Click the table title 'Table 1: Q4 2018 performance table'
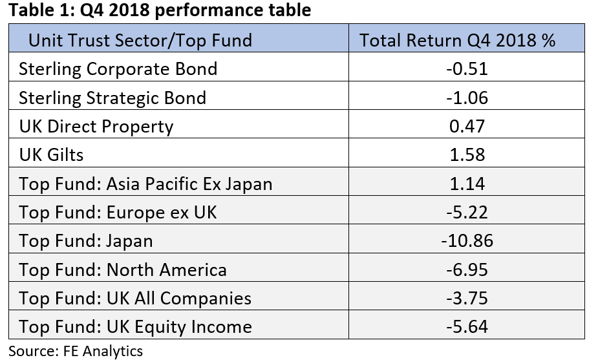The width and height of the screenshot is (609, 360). (x=160, y=10)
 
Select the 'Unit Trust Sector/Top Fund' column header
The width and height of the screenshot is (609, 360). (x=140, y=41)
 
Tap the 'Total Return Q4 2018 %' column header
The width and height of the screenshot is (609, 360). (x=457, y=40)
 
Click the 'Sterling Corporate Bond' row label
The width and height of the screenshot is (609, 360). (x=118, y=69)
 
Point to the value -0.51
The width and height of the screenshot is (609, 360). (x=467, y=69)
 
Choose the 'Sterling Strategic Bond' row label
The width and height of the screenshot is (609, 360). (x=112, y=98)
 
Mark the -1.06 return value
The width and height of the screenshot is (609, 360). (x=467, y=98)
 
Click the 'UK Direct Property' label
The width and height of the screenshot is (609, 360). (x=96, y=127)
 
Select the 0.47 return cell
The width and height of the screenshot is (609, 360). (x=467, y=126)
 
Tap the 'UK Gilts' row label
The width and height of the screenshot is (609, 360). (x=51, y=155)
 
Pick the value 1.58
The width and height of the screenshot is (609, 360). (x=467, y=155)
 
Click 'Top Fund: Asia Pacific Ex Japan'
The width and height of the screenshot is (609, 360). (x=145, y=184)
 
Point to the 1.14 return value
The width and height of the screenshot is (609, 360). (x=467, y=184)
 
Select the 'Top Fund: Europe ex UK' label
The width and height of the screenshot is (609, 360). (x=118, y=213)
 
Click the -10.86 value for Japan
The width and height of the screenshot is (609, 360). (x=467, y=241)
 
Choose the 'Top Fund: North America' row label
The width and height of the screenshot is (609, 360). (x=123, y=270)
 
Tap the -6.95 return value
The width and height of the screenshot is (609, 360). (x=467, y=270)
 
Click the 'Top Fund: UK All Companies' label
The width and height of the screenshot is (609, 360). (x=135, y=299)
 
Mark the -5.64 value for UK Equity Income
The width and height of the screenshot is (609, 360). (x=467, y=326)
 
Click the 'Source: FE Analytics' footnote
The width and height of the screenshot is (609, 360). (x=76, y=351)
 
